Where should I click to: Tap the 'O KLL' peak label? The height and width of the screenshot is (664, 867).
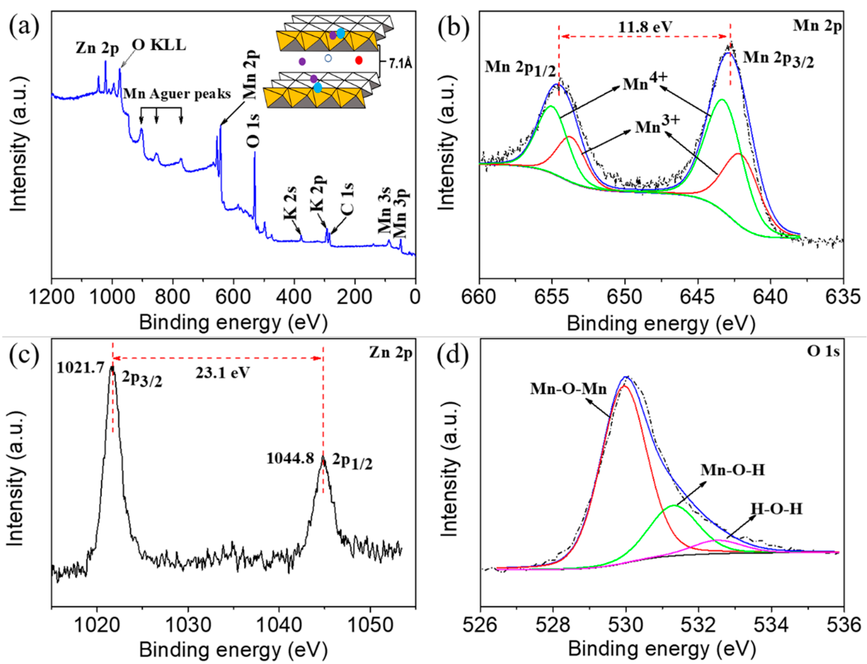click(x=159, y=45)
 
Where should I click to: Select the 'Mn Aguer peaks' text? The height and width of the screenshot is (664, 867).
click(x=177, y=94)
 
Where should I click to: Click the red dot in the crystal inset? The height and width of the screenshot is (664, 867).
click(x=359, y=60)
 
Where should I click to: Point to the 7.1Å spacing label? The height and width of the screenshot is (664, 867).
click(x=400, y=63)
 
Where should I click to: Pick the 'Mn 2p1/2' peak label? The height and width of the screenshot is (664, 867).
click(x=520, y=68)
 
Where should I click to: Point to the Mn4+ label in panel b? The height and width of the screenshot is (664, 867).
click(x=645, y=83)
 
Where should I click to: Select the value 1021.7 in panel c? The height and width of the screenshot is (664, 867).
click(x=80, y=368)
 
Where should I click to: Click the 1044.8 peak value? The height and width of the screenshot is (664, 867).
click(x=290, y=458)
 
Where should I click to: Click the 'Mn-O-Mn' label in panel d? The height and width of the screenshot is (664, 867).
click(x=568, y=389)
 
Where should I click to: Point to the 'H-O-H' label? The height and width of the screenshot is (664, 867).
click(x=776, y=509)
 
